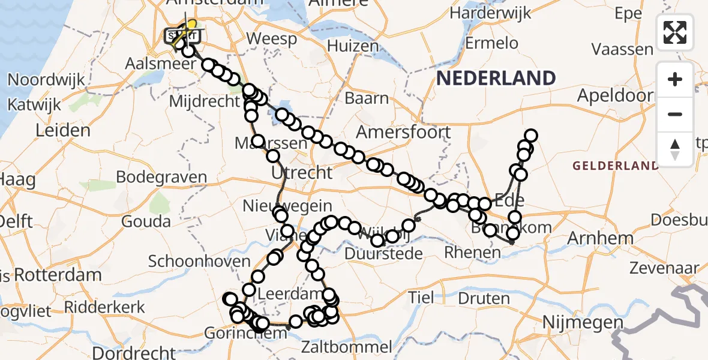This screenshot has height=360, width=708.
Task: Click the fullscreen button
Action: coord(675,32)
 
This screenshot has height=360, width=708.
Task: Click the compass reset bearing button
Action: coord(675,149)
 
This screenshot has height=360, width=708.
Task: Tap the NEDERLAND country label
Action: coord(496,78)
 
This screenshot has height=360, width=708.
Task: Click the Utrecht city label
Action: coord(302,173)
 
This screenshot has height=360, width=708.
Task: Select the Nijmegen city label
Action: coord(583,323)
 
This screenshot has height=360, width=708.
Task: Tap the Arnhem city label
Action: coord(600,238)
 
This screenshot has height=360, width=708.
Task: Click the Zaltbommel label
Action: coord(347,347)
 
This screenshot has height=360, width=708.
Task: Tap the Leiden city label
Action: coord(63,130)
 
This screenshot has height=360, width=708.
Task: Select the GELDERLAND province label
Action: coord(615,166)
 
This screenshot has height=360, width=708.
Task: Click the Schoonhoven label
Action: coord(199,261)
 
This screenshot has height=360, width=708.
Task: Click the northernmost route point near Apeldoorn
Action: coord(531,136)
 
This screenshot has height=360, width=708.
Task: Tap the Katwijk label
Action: coord(34,104)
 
